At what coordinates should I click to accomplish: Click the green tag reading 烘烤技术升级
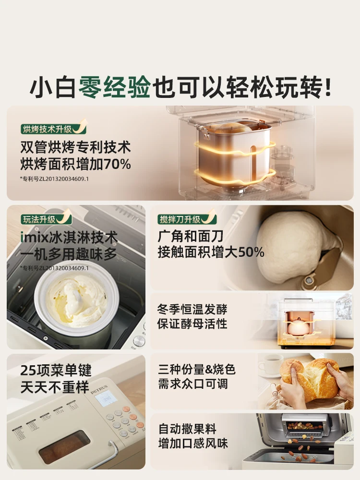coord(47,129)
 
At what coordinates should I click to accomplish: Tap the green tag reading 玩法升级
coord(41,220)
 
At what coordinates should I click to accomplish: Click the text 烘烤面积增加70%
coord(75,164)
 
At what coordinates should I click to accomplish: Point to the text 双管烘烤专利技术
coord(75,147)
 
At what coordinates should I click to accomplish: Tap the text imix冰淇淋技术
coord(69,238)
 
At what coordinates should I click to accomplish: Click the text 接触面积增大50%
coord(211,252)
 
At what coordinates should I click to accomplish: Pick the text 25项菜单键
coord(56,370)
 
